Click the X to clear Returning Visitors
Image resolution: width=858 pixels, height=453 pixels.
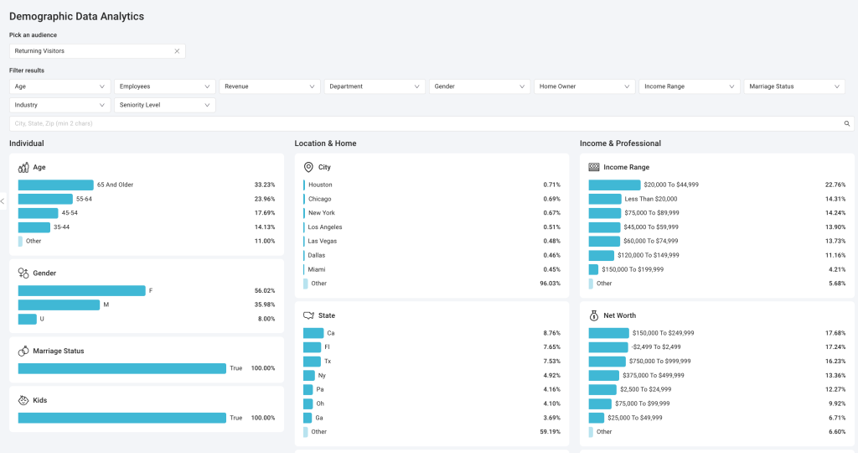[177, 51]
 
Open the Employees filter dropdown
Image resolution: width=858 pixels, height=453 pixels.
[165, 86]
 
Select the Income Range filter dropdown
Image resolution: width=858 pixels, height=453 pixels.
[690, 86]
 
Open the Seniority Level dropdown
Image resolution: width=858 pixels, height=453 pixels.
[165, 105]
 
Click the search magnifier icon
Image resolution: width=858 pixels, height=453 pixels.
[846, 124]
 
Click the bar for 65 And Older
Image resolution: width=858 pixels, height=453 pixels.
[56, 185]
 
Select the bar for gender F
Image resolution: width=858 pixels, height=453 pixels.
[81, 291]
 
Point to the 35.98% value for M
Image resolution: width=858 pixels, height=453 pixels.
[265, 305]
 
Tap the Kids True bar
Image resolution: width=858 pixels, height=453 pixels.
[122, 418]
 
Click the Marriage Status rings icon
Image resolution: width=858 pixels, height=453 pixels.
[23, 351]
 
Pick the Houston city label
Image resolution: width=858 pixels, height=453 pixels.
[320, 185]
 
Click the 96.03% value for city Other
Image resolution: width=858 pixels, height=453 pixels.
[550, 284]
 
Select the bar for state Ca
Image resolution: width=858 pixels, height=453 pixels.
[313, 333]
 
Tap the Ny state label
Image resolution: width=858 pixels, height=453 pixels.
[322, 376]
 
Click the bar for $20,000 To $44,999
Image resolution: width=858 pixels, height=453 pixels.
[614, 185]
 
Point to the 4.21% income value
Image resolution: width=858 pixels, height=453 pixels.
[837, 269]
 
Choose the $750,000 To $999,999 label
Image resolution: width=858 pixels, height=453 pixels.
[660, 362]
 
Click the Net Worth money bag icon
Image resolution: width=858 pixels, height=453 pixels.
[594, 315]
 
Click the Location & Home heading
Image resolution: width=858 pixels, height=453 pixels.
[326, 143]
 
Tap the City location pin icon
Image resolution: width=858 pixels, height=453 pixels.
[308, 167]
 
